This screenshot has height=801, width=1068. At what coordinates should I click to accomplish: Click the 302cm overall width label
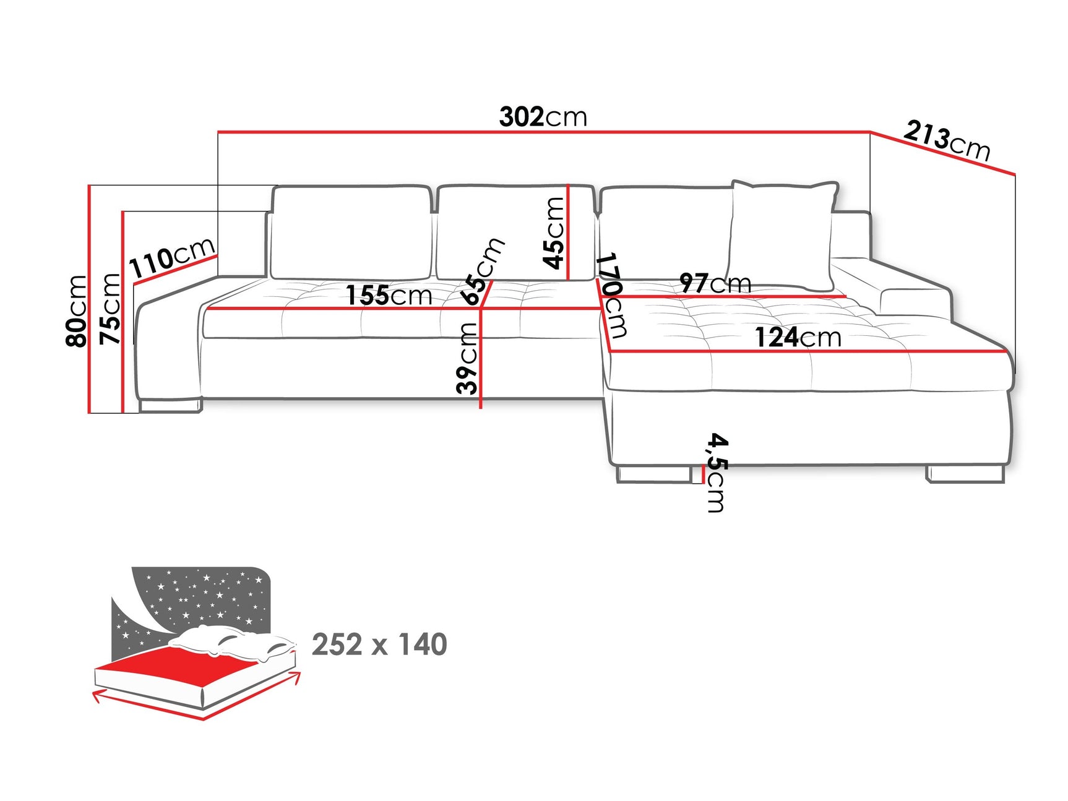tap(543, 117)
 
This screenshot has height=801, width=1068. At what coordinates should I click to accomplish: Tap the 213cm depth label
tap(947, 141)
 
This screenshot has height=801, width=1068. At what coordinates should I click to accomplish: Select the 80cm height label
tap(77, 311)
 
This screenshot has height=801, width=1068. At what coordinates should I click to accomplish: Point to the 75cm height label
tap(111, 308)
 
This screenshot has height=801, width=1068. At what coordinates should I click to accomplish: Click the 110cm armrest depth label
tap(172, 257)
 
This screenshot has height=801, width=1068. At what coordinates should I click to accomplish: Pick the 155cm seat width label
tap(389, 295)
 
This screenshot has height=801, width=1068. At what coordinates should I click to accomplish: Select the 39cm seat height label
tap(468, 358)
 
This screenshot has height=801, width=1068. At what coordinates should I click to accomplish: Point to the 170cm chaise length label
tap(613, 294)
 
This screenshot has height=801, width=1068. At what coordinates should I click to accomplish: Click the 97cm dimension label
tap(715, 283)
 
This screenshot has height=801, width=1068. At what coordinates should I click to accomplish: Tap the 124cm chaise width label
tap(798, 338)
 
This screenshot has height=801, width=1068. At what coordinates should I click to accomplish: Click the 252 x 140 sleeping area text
tap(379, 645)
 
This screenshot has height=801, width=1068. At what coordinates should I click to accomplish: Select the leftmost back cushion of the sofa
tap(351, 233)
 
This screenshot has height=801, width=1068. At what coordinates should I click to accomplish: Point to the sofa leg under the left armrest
tap(170, 406)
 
